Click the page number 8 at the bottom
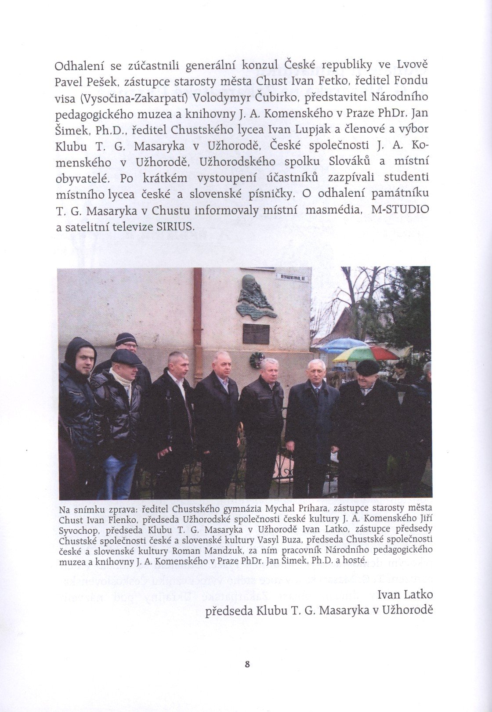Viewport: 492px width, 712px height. [246, 665]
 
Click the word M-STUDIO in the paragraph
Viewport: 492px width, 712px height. [400, 210]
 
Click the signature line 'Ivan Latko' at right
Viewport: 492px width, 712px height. [405, 595]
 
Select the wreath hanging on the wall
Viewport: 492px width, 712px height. [255, 360]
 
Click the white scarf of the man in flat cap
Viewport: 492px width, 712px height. [123, 378]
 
